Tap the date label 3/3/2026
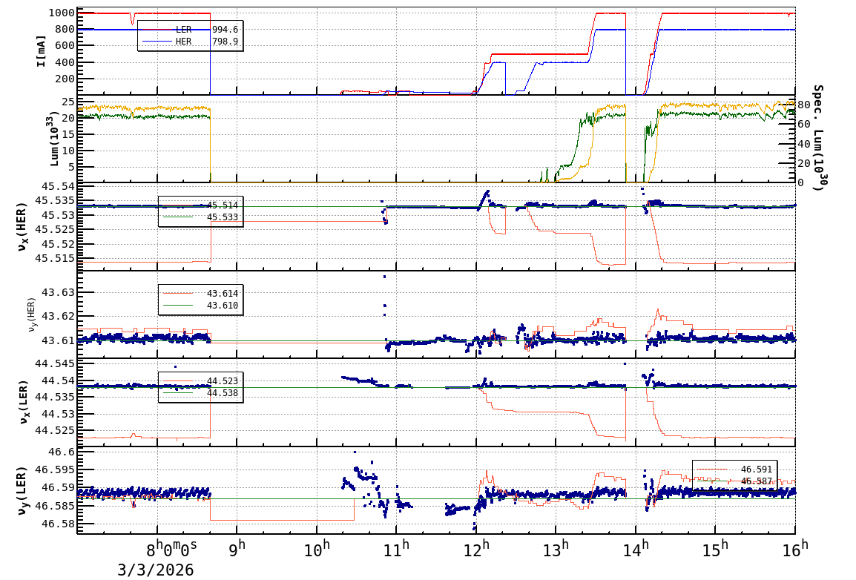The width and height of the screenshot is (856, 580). pyautogui.click(x=156, y=570)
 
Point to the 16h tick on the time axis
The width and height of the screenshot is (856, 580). pyautogui.click(x=794, y=550)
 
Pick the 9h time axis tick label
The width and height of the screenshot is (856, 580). pyautogui.click(x=237, y=550)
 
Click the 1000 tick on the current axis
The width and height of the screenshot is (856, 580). pyautogui.click(x=59, y=13)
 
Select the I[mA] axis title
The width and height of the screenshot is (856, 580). pyautogui.click(x=41, y=51)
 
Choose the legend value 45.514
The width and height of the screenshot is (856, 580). pyautogui.click(x=223, y=205)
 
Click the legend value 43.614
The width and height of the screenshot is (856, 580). pyautogui.click(x=223, y=294)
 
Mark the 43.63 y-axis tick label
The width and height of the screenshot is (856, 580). pyautogui.click(x=59, y=292)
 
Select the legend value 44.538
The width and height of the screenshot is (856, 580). pyautogui.click(x=223, y=393)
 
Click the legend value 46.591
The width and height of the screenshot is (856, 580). pyautogui.click(x=756, y=469)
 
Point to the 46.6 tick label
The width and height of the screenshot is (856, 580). pyautogui.click(x=62, y=452)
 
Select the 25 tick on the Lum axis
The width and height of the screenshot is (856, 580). pyautogui.click(x=66, y=101)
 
